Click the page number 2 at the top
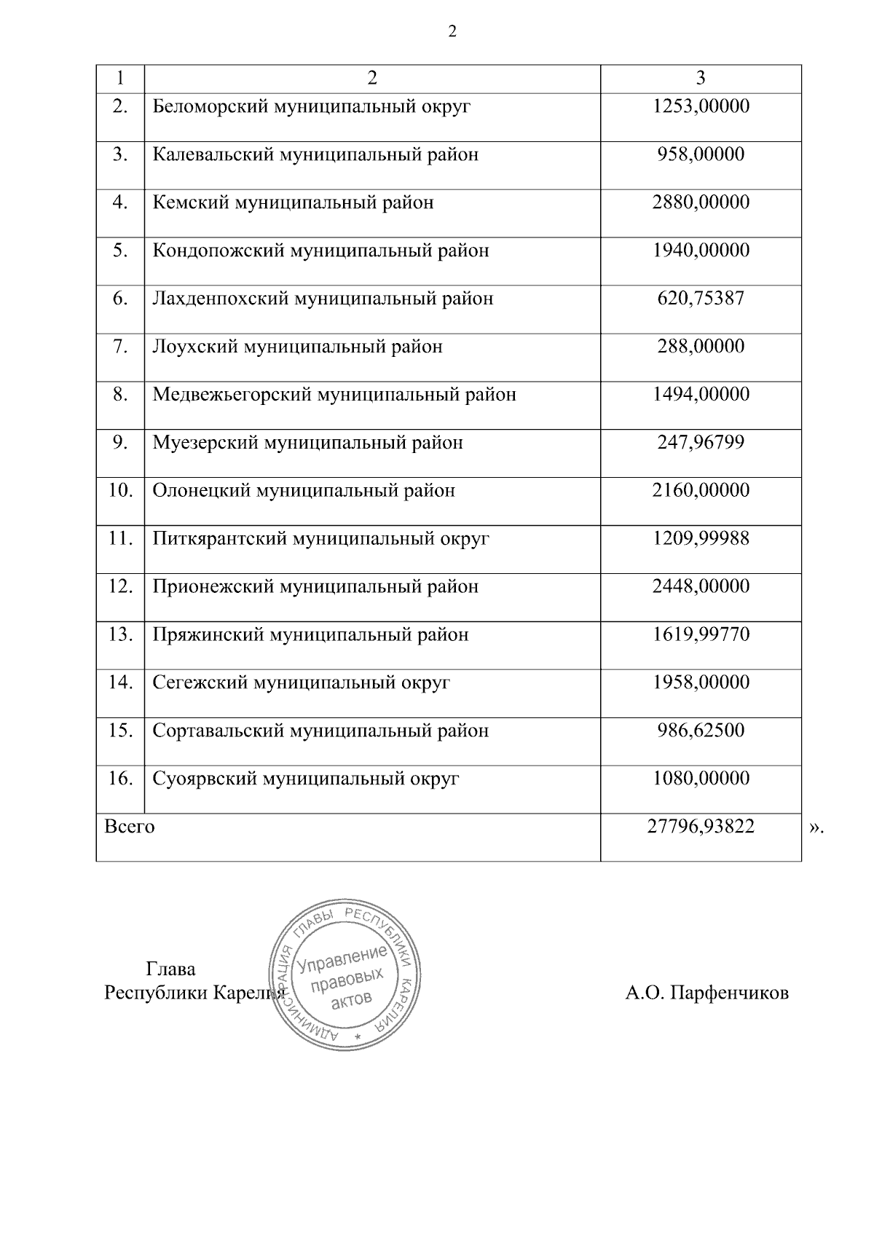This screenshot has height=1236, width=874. [452, 32]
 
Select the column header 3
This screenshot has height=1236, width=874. [701, 79]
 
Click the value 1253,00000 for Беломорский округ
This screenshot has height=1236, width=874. [701, 107]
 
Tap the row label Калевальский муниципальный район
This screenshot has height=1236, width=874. [315, 155]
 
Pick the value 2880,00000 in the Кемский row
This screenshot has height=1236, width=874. [701, 202]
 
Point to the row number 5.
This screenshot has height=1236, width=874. [120, 251]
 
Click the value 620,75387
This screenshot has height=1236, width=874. [701, 299]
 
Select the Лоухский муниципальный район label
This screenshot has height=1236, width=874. [297, 347]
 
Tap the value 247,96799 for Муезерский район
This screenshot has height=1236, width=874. [701, 443]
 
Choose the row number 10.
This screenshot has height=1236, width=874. [120, 490]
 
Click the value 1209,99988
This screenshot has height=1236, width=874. [701, 539]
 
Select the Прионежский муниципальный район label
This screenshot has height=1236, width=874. [315, 587]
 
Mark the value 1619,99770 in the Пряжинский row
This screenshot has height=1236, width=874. [701, 635]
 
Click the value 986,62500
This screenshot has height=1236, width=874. [701, 731]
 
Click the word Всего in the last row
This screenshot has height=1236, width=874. [130, 827]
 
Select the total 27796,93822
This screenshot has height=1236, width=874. [701, 827]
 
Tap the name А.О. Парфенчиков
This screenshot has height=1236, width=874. [706, 993]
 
